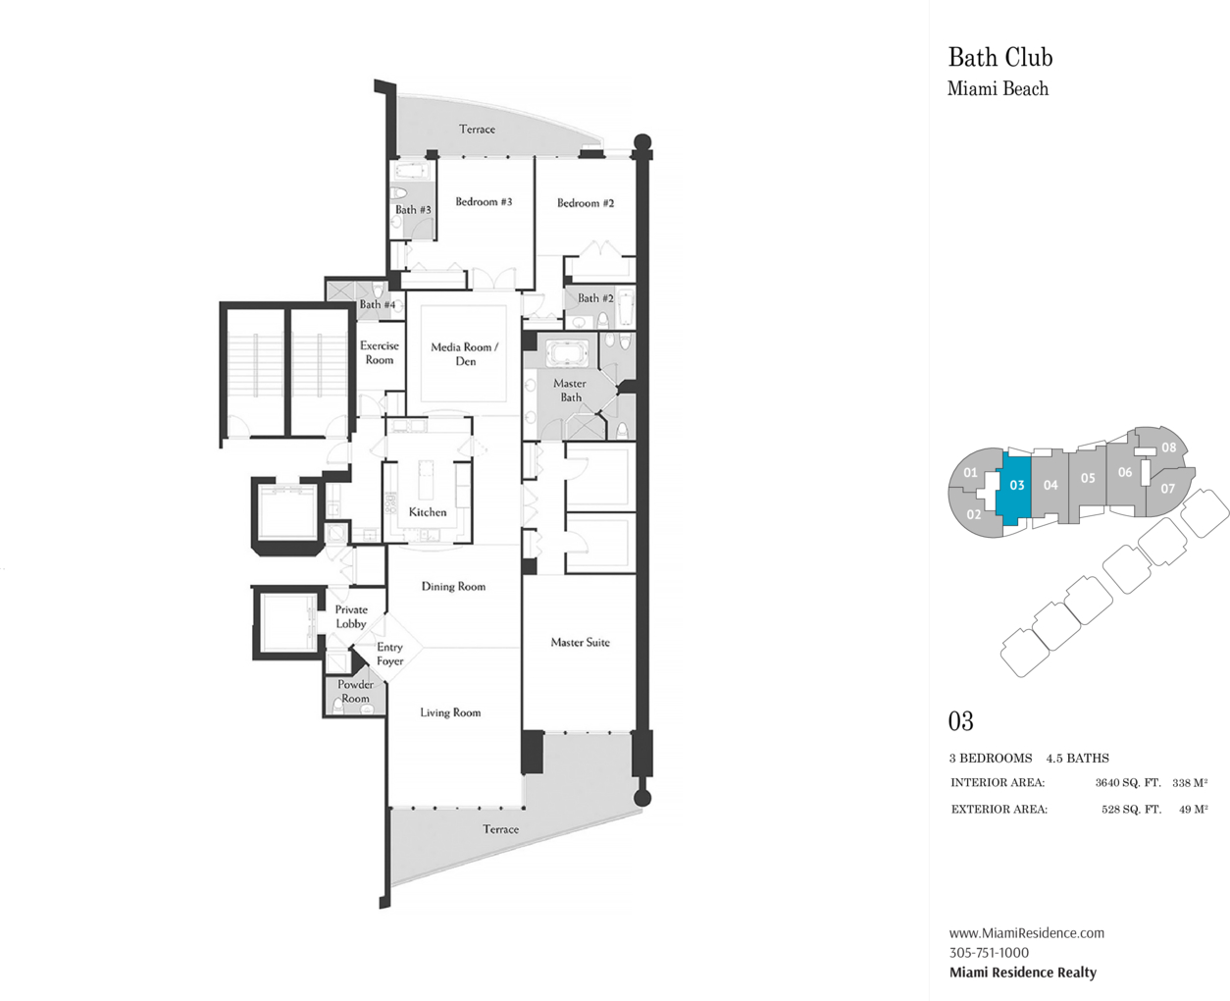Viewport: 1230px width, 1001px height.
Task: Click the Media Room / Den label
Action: point(465,354)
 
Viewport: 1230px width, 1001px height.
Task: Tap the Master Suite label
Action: point(580,643)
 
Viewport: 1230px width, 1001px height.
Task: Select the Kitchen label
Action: point(428,512)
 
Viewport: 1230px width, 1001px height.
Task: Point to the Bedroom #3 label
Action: point(484,202)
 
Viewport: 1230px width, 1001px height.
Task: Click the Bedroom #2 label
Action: point(586,203)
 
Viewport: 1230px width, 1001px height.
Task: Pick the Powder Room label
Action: point(355,692)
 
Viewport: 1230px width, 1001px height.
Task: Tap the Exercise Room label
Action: point(380,352)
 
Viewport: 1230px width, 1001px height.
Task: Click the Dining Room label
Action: point(453,587)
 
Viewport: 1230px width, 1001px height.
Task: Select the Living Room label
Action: point(450,712)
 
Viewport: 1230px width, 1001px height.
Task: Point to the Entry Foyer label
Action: point(389,654)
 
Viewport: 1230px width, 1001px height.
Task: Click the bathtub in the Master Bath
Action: point(566,354)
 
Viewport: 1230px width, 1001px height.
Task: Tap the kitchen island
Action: point(428,480)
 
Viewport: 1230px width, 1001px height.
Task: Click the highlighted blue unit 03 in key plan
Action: point(1016,486)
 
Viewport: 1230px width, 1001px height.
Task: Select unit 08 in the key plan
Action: point(1168,448)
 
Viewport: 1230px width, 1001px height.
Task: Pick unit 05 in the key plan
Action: point(1087,478)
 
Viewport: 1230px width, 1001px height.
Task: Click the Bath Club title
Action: point(999,58)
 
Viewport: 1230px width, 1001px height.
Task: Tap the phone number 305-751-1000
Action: point(989,953)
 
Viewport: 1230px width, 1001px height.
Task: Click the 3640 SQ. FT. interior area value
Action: point(1127,783)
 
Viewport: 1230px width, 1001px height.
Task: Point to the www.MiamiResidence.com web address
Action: point(1026,933)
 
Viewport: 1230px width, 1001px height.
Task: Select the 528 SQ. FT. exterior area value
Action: point(1131,810)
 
